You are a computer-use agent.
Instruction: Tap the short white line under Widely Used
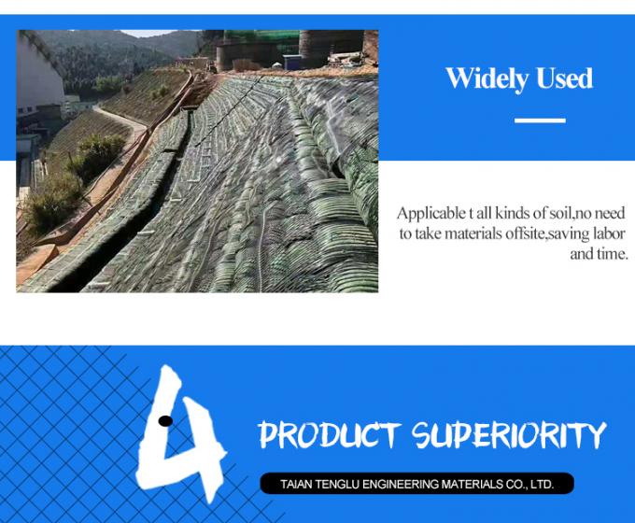540,120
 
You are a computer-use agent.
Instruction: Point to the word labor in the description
608,233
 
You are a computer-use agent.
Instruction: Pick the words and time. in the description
599,254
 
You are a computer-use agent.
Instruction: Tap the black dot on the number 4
165,420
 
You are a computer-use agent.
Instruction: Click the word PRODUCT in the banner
330,435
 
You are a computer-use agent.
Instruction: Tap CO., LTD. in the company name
529,485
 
